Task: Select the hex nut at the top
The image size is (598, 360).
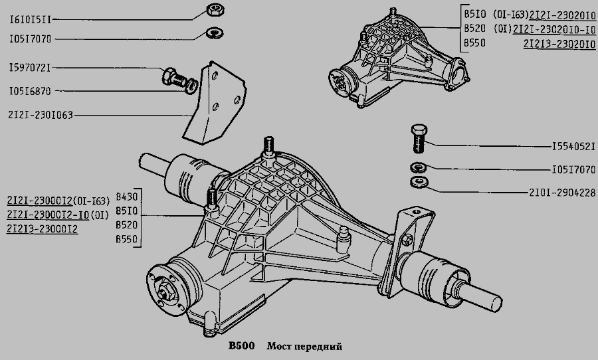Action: pyautogui.click(x=214, y=10)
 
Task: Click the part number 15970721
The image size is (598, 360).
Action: pyautogui.click(x=30, y=68)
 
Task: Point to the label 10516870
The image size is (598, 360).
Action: pyautogui.click(x=30, y=90)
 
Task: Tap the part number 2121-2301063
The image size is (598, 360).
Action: pyautogui.click(x=40, y=114)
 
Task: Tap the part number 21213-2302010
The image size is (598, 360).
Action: pyautogui.click(x=558, y=44)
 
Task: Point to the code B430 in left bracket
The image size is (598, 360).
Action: pyautogui.click(x=126, y=197)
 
